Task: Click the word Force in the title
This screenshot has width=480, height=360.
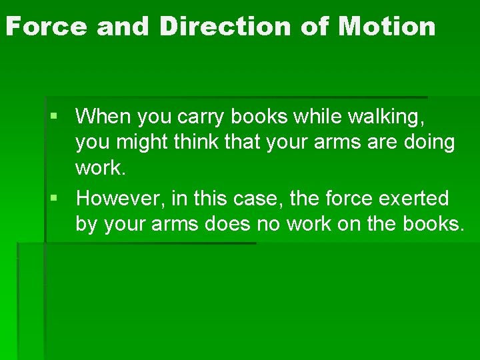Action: pyautogui.click(x=47, y=27)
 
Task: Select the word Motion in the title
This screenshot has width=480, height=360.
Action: pyautogui.click(x=387, y=27)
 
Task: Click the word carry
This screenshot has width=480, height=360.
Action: pyautogui.click(x=203, y=118)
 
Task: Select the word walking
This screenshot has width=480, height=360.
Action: pyautogui.click(x=393, y=118)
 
